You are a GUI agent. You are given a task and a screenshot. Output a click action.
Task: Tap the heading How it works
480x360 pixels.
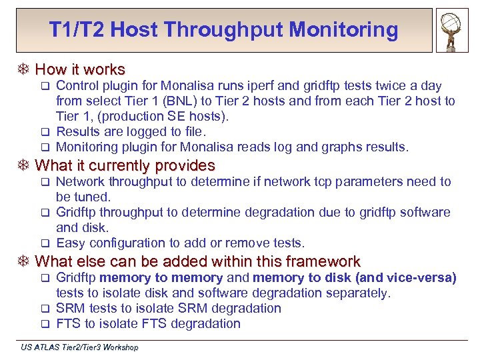[80, 69]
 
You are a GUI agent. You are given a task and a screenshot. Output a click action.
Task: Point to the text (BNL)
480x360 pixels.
[172, 101]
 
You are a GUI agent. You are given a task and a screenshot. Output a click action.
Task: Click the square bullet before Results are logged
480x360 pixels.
[46, 132]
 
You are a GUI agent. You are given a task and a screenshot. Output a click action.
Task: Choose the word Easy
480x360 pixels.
[71, 243]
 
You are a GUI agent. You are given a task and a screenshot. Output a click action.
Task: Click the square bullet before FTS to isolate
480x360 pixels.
[46, 324]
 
